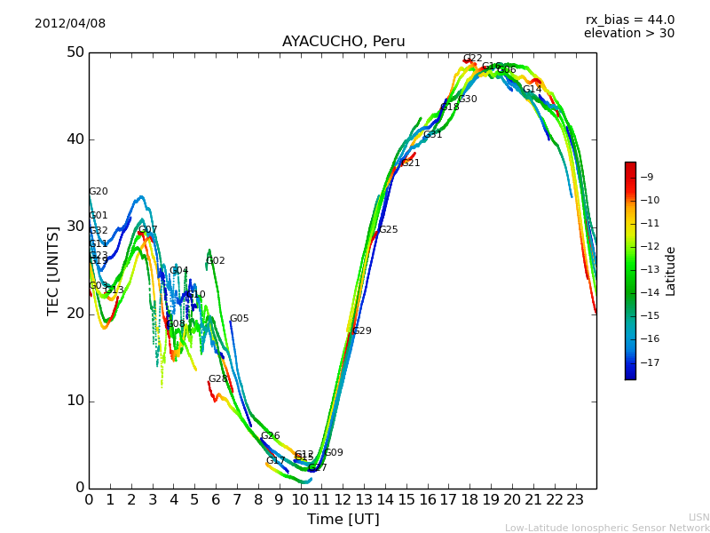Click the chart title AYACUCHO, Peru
(x=343, y=42)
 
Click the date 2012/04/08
(x=70, y=24)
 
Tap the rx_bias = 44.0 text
(x=629, y=20)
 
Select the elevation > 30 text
(x=628, y=34)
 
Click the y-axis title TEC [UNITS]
(x=53, y=271)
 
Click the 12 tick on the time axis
(x=343, y=499)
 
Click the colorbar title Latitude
(x=671, y=271)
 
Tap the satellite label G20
(x=99, y=192)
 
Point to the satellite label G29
(x=362, y=331)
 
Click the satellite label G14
(x=532, y=90)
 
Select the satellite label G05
(x=240, y=319)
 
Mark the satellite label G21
(x=411, y=163)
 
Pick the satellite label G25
(x=389, y=230)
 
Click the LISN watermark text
(x=698, y=517)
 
